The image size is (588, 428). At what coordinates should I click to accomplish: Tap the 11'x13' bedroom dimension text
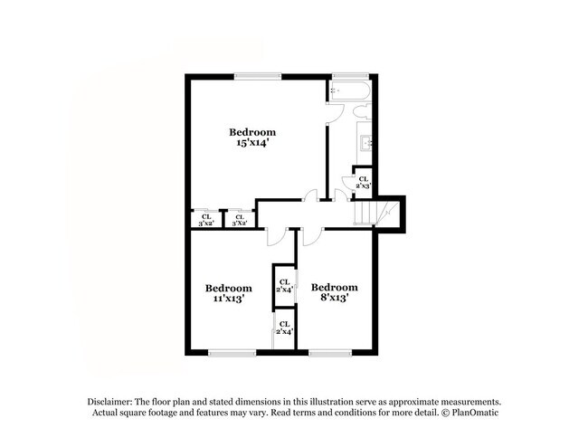(x=227, y=298)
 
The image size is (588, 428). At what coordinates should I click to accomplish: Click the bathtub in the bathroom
(x=348, y=90)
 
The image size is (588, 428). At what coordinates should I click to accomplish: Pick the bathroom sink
(x=367, y=143)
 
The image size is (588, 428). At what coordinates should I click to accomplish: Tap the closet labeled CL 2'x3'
(x=363, y=182)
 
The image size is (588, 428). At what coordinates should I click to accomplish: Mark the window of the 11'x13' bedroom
(x=228, y=352)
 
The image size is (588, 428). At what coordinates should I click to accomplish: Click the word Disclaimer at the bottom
(x=110, y=401)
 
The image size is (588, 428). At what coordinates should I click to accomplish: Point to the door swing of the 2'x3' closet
(x=344, y=193)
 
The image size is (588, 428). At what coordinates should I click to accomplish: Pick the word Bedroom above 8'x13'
(x=334, y=287)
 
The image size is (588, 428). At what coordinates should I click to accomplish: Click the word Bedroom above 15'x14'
(x=251, y=133)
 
